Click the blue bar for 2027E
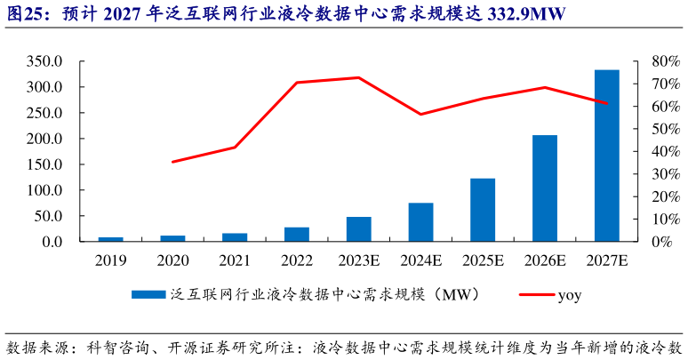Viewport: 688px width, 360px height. point(607,156)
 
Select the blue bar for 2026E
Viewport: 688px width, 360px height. point(545,188)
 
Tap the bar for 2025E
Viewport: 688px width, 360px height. point(483,210)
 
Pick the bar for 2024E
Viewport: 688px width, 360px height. point(420,222)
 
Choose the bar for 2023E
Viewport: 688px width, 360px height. point(359,229)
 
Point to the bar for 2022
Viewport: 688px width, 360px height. point(297,234)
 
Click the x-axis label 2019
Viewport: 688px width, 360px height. point(111,260)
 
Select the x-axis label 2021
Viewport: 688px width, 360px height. point(235,260)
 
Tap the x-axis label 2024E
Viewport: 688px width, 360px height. point(420,260)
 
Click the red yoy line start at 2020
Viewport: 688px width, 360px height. point(172,162)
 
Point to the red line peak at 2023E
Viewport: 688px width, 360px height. point(359,77)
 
